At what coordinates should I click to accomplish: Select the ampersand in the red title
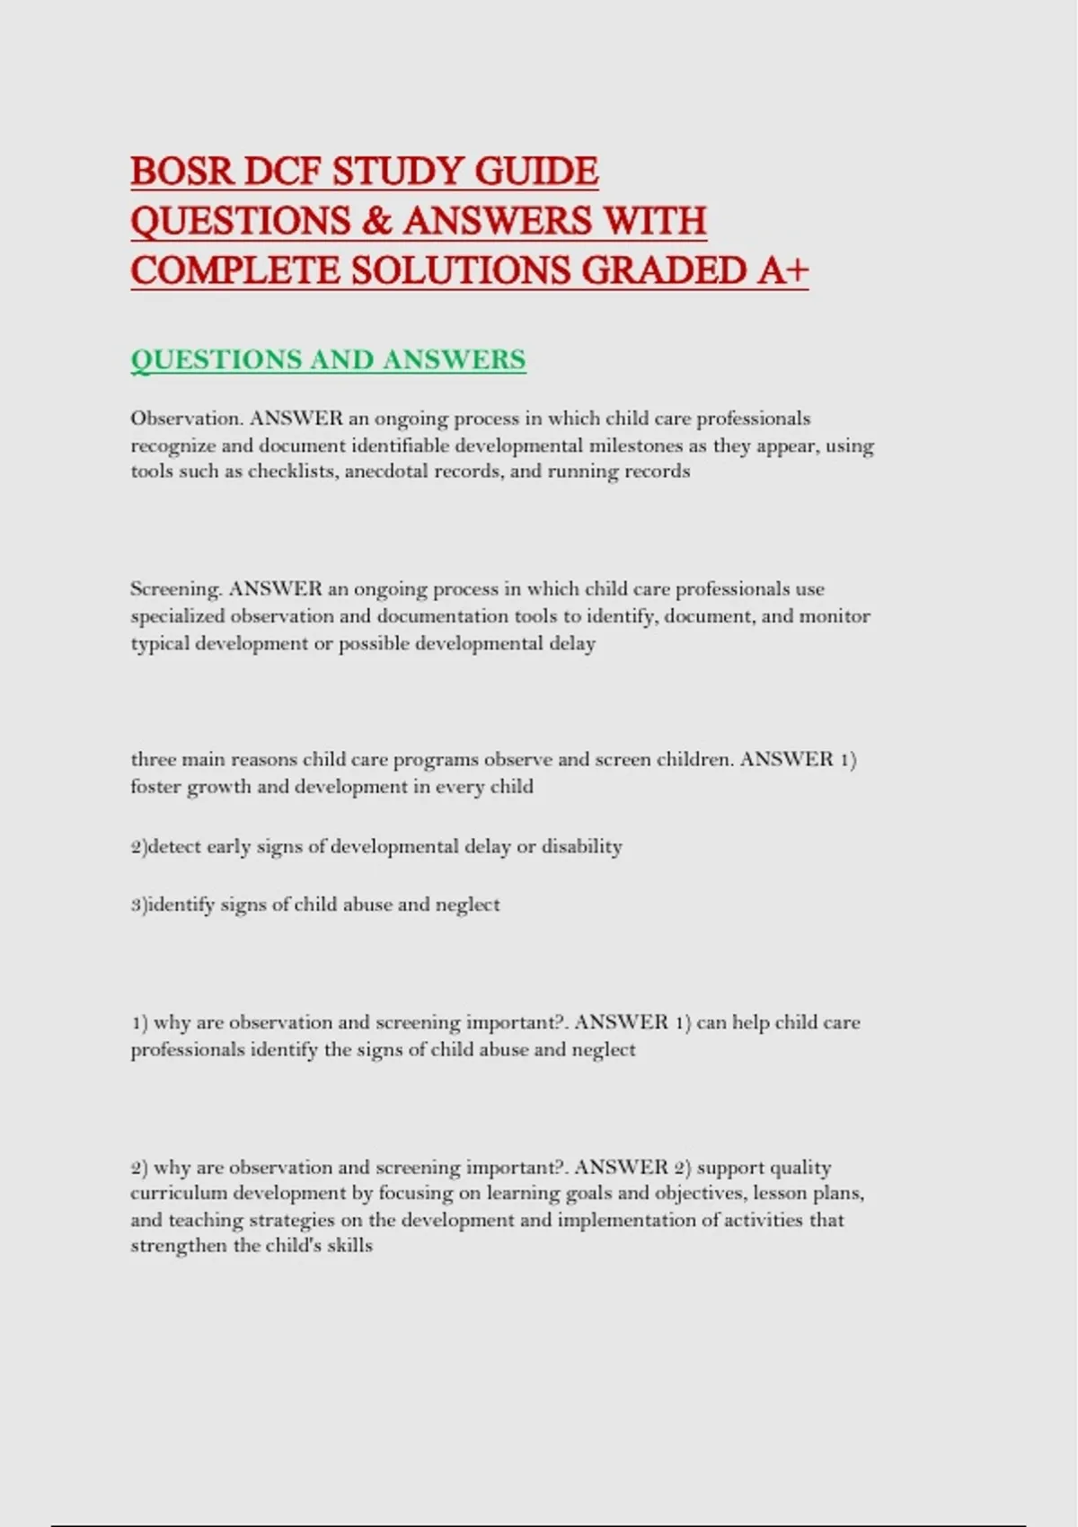click(x=378, y=221)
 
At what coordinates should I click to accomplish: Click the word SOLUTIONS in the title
click(x=461, y=270)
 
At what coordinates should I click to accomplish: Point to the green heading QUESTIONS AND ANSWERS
click(x=328, y=359)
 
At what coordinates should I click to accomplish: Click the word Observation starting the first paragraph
click(x=186, y=419)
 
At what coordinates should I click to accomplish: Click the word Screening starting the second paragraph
click(x=176, y=590)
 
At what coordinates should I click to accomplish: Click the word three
click(x=153, y=760)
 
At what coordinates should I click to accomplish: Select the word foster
click(x=155, y=787)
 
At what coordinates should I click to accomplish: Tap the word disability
click(x=581, y=846)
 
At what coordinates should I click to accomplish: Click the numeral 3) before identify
click(x=138, y=905)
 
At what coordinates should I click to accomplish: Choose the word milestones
click(x=636, y=446)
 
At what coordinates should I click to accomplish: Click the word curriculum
click(x=179, y=1194)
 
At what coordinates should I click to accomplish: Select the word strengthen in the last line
click(x=178, y=1247)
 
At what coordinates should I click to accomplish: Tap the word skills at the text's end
click(x=349, y=1247)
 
